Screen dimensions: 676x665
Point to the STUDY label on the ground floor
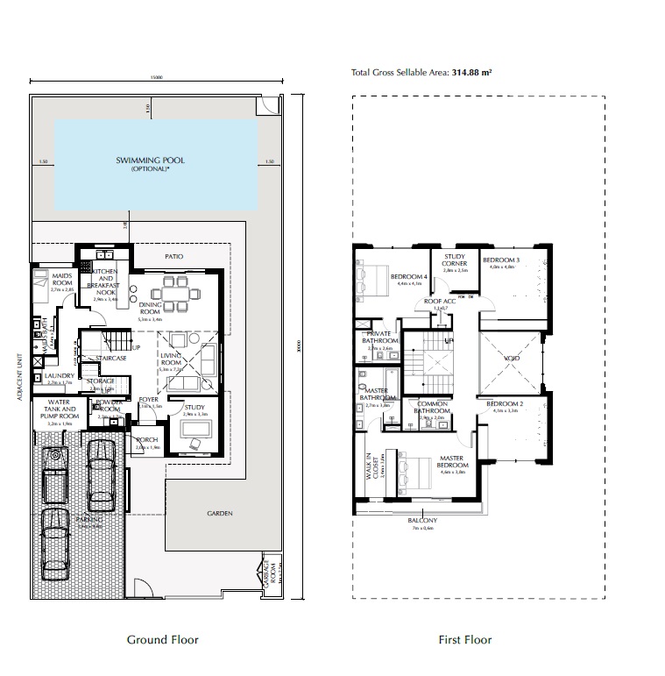click(195, 406)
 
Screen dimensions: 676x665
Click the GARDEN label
click(219, 513)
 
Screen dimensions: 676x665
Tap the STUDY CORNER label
click(454, 260)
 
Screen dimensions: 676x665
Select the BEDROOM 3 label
click(500, 260)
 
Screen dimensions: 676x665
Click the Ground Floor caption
click(163, 640)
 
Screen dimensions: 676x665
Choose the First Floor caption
click(464, 640)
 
